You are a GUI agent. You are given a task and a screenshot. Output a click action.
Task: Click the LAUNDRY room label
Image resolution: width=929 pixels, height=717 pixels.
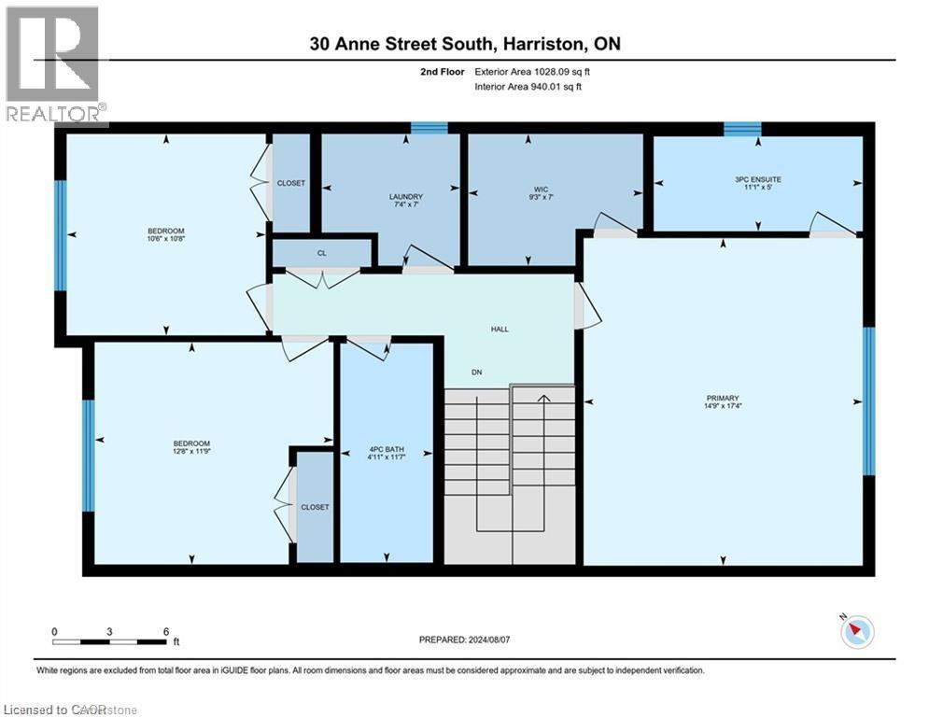point(406,196)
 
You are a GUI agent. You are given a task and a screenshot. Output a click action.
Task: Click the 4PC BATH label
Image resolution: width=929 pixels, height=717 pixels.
point(386,450)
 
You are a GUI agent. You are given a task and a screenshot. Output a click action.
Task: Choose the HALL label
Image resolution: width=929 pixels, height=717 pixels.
point(500,329)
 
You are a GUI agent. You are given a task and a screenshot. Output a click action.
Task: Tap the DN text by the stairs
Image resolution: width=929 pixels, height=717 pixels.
point(476,373)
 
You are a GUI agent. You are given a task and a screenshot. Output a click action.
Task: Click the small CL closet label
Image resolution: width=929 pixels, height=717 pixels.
point(322,251)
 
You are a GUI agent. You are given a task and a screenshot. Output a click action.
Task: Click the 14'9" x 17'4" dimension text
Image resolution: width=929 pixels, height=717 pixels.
point(723,406)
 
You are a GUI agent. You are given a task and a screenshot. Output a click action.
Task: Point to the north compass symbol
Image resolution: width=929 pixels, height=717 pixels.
point(856,632)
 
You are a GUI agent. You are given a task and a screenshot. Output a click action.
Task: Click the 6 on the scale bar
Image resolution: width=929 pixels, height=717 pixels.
point(165,631)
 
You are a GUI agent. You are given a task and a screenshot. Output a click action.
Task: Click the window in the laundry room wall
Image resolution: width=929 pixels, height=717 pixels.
point(429,128)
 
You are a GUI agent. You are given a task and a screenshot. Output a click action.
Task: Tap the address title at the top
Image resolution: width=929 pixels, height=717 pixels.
point(465,43)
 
